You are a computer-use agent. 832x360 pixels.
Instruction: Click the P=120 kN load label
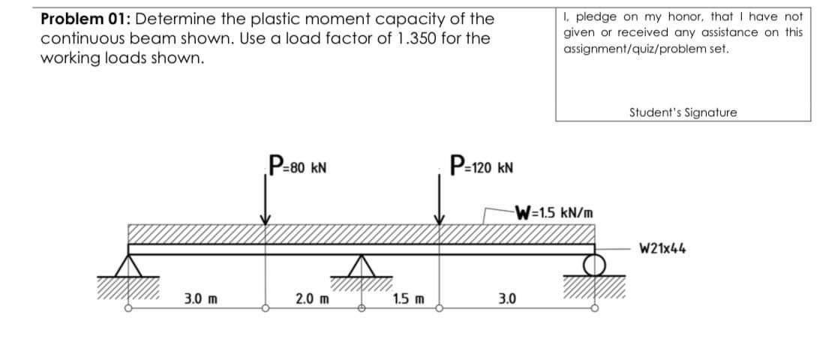click(479, 164)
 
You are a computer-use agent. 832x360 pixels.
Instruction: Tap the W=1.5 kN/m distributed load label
click(556, 211)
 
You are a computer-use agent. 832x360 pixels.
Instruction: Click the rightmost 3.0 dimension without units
click(506, 300)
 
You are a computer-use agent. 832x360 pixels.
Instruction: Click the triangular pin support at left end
click(128, 265)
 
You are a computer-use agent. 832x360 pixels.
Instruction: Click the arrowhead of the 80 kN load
click(265, 219)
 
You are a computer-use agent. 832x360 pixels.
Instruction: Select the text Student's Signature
click(683, 112)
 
